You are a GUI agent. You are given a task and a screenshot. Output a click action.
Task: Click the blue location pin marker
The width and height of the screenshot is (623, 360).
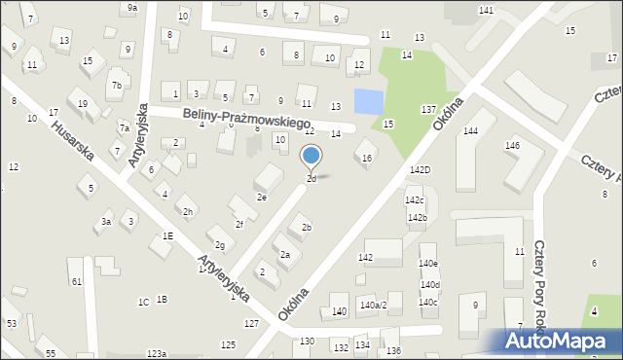311,157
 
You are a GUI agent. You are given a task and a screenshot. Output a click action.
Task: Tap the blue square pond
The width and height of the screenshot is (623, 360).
369,100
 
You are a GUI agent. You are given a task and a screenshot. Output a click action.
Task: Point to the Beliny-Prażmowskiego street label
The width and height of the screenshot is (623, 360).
246,119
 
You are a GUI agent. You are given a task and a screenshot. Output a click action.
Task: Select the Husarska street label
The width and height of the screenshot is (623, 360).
72,140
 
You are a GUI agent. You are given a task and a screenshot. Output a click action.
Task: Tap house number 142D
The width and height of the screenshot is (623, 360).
420,170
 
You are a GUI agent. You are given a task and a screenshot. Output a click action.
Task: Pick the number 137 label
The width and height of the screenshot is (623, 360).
427,110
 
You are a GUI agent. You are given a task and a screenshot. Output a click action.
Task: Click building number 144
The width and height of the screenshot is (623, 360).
471,130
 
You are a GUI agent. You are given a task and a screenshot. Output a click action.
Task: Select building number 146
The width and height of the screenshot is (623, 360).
512,146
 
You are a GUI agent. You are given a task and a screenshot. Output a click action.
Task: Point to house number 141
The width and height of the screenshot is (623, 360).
486,10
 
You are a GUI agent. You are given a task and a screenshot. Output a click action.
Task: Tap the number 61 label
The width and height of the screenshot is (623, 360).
76,281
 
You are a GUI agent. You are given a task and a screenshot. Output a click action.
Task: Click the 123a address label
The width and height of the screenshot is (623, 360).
157,354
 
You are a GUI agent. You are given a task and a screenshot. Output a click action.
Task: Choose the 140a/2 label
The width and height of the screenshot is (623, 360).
373,306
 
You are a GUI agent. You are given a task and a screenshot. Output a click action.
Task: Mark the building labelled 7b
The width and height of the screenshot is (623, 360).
116,85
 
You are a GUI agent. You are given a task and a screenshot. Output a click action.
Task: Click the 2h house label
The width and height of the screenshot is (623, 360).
188,211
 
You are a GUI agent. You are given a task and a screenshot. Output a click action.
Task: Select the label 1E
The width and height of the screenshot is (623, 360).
167,235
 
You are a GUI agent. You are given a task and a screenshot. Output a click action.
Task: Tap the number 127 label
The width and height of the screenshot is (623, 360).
251,323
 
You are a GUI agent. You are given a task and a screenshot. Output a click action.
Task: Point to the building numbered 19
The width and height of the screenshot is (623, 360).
83,104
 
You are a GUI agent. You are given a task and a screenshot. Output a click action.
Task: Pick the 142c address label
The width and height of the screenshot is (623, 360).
415,200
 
